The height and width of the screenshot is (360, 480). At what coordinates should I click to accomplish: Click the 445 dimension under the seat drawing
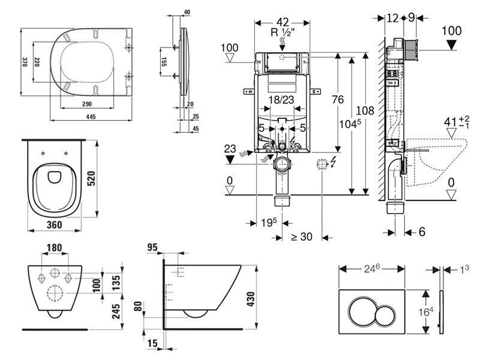pos(91,116)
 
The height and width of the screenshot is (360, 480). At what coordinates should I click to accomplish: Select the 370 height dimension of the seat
pos(25,62)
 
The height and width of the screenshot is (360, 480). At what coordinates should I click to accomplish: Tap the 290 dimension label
pos(87,104)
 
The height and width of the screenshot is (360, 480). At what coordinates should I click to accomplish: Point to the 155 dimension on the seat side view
pos(164,62)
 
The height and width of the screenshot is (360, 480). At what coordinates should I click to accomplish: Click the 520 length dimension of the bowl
pos(91,179)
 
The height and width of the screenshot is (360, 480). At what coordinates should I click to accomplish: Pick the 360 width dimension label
pos(55,224)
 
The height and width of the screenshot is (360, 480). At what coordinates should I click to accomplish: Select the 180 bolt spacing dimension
pos(55,247)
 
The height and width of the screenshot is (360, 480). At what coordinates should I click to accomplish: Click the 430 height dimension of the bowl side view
pos(250,299)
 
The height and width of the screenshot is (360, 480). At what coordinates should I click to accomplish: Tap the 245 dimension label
pos(116,311)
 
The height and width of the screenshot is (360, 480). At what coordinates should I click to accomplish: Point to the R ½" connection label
pos(282,32)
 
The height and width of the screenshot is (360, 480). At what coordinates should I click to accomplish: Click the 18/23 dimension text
pos(281,100)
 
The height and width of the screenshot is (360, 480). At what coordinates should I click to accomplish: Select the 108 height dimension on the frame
pos(365,110)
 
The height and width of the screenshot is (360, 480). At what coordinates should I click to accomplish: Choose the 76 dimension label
pos(338,100)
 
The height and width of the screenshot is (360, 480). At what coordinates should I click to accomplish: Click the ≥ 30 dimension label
pos(301,236)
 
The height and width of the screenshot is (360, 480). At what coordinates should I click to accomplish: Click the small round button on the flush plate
pos(385,316)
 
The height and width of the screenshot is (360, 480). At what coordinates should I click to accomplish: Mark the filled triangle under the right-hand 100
pos(452,46)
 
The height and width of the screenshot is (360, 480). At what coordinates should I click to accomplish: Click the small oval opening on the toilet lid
pos(55,176)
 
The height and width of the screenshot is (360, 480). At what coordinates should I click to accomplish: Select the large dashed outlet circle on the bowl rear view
pos(55,293)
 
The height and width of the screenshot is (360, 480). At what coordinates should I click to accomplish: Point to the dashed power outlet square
pos(322,164)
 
